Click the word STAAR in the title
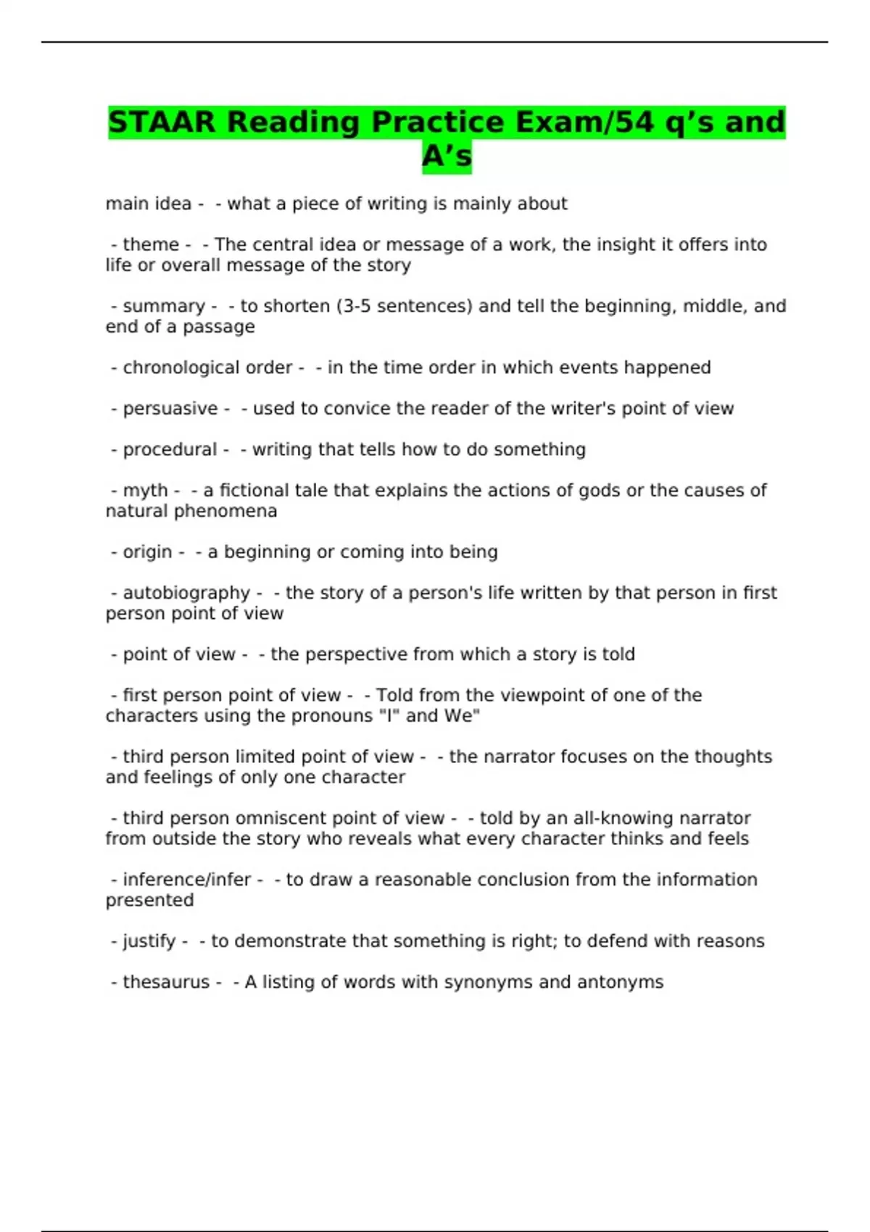(x=162, y=122)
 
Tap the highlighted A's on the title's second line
(x=447, y=155)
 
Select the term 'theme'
(x=151, y=245)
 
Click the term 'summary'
(x=164, y=307)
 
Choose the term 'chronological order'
(x=207, y=368)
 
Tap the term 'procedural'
(x=170, y=450)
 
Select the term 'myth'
(x=145, y=491)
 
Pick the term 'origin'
(x=147, y=552)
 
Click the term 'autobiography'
(x=186, y=594)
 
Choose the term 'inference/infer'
(x=186, y=880)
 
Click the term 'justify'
(x=149, y=941)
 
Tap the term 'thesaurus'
(x=166, y=983)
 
